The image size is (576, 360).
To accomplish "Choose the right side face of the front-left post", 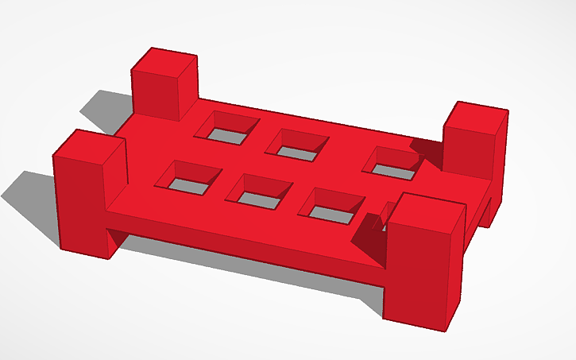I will (116, 195).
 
